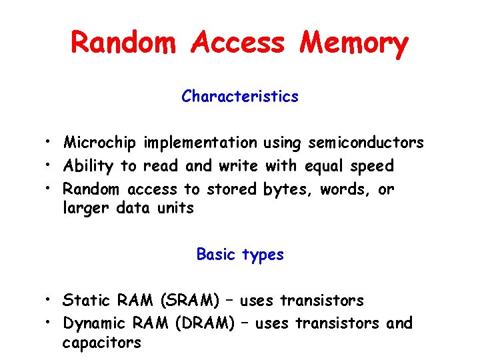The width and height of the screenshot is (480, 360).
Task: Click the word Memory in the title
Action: click(353, 44)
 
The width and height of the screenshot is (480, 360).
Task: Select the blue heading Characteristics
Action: click(240, 97)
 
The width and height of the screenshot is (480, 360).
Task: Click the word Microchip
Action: click(100, 143)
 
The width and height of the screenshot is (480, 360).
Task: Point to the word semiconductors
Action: click(366, 143)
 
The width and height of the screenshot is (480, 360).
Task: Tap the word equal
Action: click(325, 165)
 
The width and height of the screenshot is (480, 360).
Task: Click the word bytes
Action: click(288, 189)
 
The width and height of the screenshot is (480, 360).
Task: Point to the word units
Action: click(176, 208)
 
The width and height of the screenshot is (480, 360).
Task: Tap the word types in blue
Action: click(263, 255)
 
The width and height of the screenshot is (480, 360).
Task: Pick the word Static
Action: click(84, 301)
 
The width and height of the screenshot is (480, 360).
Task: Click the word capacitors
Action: click(101, 343)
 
